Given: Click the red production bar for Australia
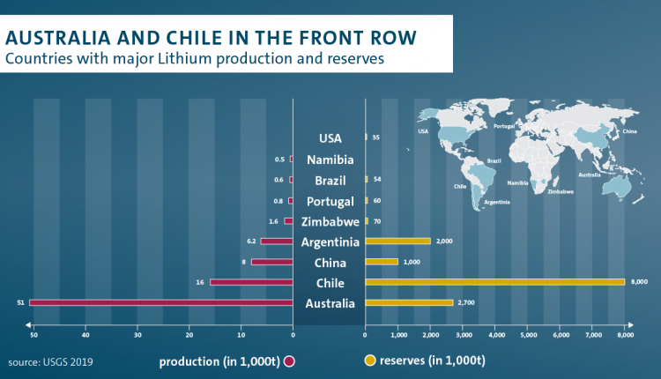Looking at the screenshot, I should (160, 302).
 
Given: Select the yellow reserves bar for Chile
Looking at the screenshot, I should (494, 282).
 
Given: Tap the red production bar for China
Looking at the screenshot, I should (271, 262).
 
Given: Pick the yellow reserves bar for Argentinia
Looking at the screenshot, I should (397, 241).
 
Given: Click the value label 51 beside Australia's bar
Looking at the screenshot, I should (20, 302).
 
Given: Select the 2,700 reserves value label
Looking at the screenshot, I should (467, 302).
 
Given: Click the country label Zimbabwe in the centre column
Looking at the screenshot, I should (329, 221).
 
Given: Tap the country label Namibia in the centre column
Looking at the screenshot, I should (329, 160).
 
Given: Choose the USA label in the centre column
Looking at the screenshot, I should (329, 138).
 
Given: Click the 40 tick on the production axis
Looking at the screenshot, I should (85, 335).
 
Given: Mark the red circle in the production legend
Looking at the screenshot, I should (288, 361).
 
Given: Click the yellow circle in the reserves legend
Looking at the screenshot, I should (371, 361).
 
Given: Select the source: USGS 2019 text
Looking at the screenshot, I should (50, 361).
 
